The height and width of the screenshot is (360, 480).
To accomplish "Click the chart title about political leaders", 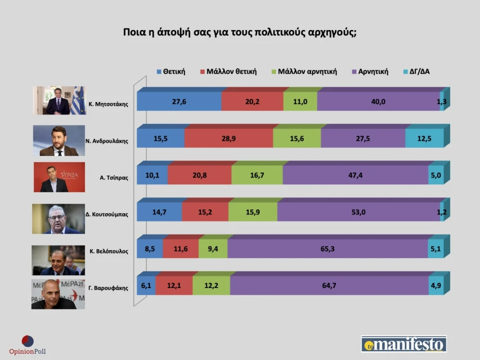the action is click(x=239, y=32).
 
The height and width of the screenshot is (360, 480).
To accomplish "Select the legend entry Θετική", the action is click(x=171, y=71).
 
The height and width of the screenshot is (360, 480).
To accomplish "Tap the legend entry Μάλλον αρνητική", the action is click(x=304, y=71).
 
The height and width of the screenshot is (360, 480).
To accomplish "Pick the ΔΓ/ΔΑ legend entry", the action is click(x=416, y=71).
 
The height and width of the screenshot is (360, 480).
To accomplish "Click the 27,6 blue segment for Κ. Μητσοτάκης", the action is click(x=179, y=101).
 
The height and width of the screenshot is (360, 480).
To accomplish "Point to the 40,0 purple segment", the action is click(x=379, y=101).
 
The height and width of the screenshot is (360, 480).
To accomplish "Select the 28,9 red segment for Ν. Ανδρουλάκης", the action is click(x=229, y=139).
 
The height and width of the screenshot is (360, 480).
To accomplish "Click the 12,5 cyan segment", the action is click(x=424, y=139).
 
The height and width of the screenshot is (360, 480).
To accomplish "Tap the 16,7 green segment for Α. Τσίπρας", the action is click(x=257, y=175).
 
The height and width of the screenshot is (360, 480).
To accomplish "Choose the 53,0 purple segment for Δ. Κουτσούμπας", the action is click(x=358, y=212).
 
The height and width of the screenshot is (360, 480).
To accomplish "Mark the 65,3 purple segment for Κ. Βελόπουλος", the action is click(x=328, y=249).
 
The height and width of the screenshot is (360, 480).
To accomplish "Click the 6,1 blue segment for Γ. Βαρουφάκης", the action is click(x=146, y=285).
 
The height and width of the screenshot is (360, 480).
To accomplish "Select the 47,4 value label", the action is click(x=356, y=175).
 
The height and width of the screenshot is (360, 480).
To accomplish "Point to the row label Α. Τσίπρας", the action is click(x=114, y=178).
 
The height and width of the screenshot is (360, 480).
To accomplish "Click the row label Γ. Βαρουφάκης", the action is click(x=108, y=288).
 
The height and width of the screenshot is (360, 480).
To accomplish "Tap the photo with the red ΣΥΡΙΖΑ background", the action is click(x=59, y=177).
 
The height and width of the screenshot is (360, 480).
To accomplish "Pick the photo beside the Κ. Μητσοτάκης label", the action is click(x=59, y=100).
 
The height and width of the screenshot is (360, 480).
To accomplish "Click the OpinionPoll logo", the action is click(x=27, y=345).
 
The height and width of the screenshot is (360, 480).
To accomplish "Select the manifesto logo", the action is click(x=404, y=344).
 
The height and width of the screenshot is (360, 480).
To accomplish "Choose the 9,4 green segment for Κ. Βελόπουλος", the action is click(x=213, y=249).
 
